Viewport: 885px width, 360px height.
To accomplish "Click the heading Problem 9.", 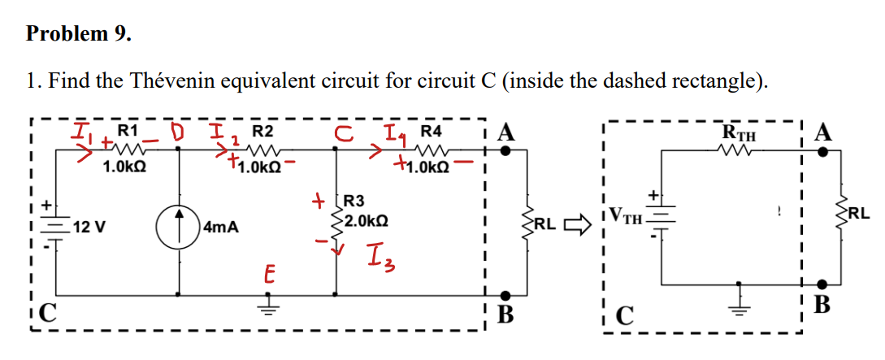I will [78, 34].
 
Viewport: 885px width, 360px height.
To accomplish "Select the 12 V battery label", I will [89, 227].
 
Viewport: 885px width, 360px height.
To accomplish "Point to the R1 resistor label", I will [128, 130].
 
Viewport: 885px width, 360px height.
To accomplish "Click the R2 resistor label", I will [262, 131].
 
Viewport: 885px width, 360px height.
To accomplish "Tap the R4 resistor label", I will [431, 130].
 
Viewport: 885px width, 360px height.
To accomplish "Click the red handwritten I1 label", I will [82, 131].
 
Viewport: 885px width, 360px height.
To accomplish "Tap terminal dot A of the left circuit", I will [506, 150].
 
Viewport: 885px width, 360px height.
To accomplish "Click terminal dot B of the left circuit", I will [506, 295].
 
